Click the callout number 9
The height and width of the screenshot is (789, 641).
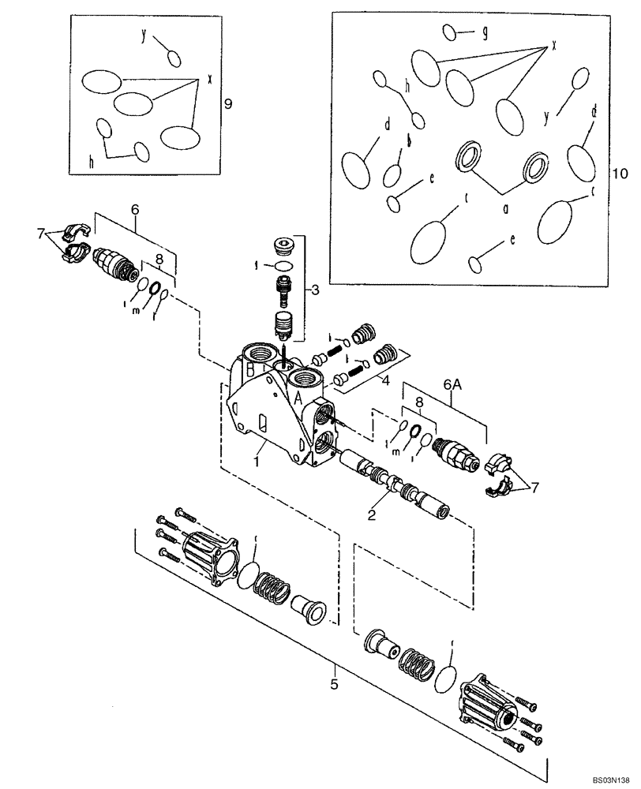[x=227, y=103]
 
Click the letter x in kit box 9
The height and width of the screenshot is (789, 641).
[x=210, y=79]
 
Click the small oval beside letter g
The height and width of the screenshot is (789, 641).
[x=450, y=32]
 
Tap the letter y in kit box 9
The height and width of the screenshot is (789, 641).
[x=144, y=35]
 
